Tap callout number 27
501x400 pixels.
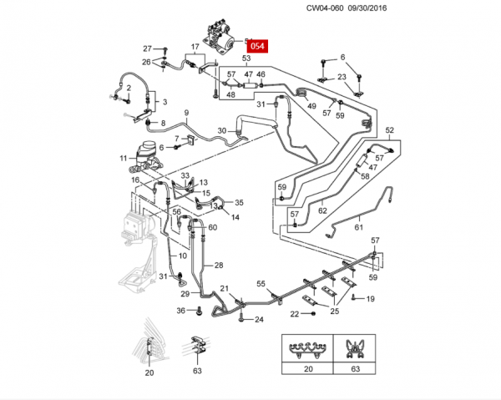(147, 48)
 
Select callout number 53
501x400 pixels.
(247, 58)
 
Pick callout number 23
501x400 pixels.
(342, 77)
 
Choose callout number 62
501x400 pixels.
(322, 210)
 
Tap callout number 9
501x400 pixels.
(186, 113)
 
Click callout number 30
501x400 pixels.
(221, 130)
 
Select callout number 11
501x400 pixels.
(123, 158)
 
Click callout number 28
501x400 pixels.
(219, 265)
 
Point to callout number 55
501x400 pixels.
(261, 285)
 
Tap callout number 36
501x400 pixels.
(180, 311)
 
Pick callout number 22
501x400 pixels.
(294, 314)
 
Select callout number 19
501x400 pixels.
(371, 298)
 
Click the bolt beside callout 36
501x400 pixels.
(199, 311)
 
